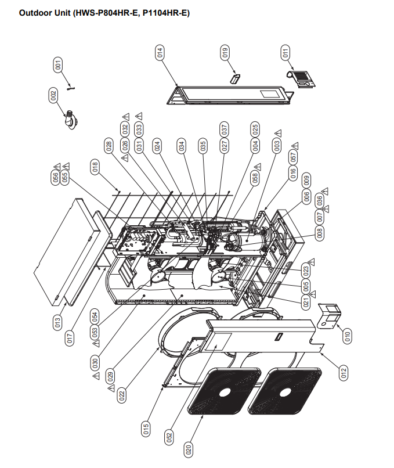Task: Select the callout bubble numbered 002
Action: [x=53, y=95]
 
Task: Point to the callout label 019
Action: [x=225, y=52]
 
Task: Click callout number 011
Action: [x=285, y=52]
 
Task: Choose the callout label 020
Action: [x=188, y=449]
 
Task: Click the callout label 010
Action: [x=347, y=336]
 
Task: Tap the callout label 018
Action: [x=95, y=168]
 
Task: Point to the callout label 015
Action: [x=146, y=429]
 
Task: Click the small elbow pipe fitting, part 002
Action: [x=73, y=120]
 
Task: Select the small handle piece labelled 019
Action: [x=236, y=78]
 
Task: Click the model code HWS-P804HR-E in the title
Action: [x=106, y=12]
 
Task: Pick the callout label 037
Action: [x=225, y=129]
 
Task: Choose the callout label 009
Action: [x=306, y=181]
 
